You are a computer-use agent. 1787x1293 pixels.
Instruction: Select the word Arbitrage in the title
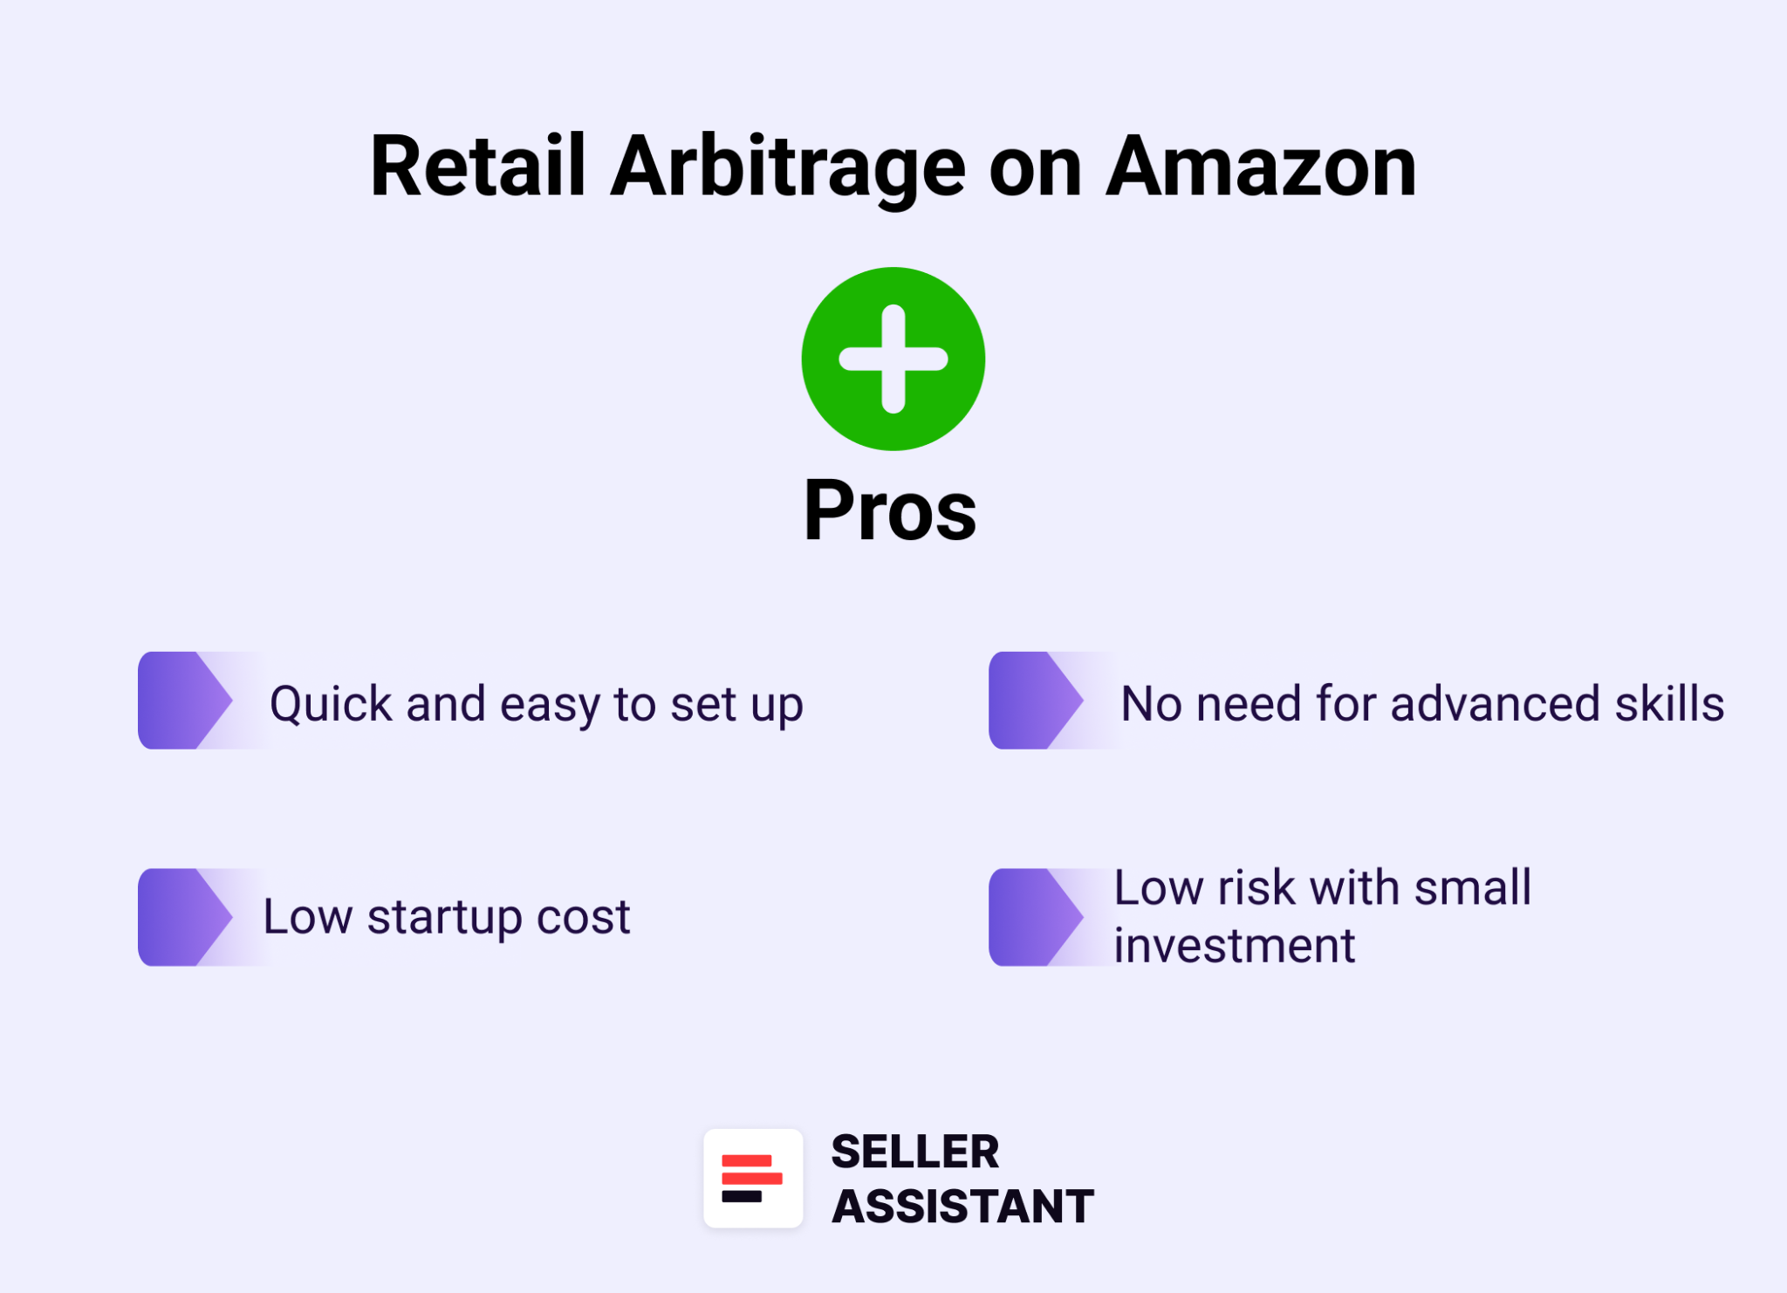(787, 168)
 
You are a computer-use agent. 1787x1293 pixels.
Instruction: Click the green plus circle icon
(893, 359)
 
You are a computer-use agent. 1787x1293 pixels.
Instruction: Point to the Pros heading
(890, 511)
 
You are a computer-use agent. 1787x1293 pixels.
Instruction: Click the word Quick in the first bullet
(331, 704)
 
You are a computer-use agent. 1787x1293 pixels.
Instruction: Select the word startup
(444, 918)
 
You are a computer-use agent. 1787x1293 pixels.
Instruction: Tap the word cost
(583, 917)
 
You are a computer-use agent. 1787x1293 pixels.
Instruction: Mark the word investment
(1234, 946)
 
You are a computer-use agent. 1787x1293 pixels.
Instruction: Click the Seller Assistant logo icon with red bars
(753, 1178)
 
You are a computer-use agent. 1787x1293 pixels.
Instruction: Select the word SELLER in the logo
(914, 1152)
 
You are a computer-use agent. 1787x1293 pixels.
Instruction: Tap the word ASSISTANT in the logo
(962, 1206)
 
